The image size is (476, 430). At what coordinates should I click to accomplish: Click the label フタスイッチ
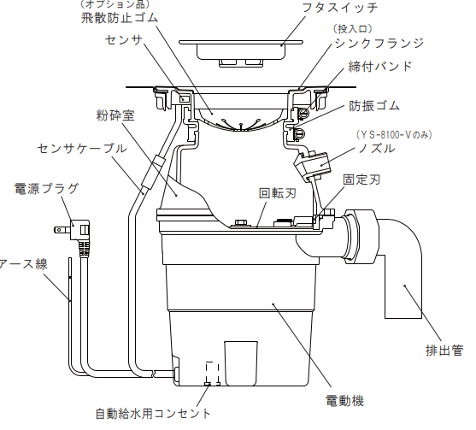click(340, 7)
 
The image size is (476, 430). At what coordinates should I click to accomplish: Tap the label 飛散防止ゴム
click(120, 18)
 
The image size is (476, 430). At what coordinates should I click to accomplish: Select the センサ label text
click(124, 40)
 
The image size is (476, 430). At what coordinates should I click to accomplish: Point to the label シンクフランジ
click(379, 43)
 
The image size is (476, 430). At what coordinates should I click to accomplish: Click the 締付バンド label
click(380, 66)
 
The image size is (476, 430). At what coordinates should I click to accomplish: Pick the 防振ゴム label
click(374, 106)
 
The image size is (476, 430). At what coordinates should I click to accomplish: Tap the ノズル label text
click(377, 148)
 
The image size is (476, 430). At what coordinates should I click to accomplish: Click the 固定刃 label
click(361, 180)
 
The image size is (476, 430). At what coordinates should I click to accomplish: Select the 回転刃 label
click(278, 193)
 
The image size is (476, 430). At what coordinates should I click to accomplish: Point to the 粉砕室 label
click(115, 115)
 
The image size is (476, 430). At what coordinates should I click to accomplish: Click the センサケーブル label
click(82, 148)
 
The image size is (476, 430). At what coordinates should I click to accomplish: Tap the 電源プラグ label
click(46, 188)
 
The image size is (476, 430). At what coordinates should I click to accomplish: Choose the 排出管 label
click(444, 350)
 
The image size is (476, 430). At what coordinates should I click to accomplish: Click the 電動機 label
click(344, 401)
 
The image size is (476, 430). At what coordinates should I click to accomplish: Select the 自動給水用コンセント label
click(153, 414)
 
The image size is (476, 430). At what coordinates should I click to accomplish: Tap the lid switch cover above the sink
click(241, 52)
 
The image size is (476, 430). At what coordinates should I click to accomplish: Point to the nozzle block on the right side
click(313, 166)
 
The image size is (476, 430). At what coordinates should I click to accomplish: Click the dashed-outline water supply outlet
click(213, 374)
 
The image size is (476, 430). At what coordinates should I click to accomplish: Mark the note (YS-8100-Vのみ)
click(394, 134)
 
